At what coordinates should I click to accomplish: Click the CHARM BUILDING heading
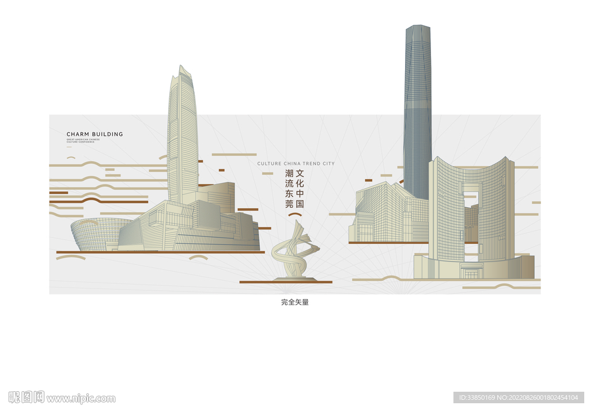tap(94, 134)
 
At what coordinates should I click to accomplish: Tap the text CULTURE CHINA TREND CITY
tap(296, 163)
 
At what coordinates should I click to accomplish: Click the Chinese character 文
tap(300, 173)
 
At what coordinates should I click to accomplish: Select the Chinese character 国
tap(300, 204)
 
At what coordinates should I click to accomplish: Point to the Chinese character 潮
tap(289, 173)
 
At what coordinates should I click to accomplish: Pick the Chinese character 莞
tap(289, 204)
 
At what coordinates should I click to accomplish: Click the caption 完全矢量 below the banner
tap(295, 302)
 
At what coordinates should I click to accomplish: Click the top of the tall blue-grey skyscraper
tap(418, 29)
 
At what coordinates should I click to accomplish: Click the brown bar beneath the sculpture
tap(286, 282)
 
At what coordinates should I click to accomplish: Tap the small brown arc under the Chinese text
tap(295, 215)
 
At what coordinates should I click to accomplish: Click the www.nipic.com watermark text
tap(81, 398)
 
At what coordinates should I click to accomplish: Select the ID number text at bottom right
tap(519, 397)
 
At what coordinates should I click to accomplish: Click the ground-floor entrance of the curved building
tap(471, 273)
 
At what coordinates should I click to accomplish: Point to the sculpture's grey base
tap(294, 279)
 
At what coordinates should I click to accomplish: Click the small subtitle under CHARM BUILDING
tap(83, 140)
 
